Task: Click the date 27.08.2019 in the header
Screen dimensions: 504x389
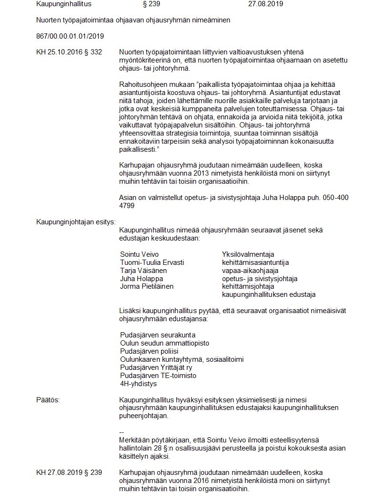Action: pyautogui.click(x=266, y=4)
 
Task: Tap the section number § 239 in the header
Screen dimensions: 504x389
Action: pyautogui.click(x=152, y=4)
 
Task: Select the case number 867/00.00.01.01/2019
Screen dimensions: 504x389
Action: pyautogui.click(x=70, y=36)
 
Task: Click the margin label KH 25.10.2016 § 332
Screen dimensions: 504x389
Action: pyautogui.click(x=69, y=52)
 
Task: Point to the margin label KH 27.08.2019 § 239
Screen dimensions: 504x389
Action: pyautogui.click(x=69, y=472)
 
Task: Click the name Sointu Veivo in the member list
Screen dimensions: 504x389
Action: pyautogui.click(x=139, y=254)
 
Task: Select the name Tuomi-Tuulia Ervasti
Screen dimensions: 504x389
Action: pyautogui.click(x=152, y=262)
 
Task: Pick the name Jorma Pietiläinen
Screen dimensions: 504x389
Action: pyautogui.click(x=147, y=286)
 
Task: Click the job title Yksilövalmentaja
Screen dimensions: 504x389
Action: pyautogui.click(x=248, y=254)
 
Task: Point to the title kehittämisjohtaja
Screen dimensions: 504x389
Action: pyautogui.click(x=248, y=286)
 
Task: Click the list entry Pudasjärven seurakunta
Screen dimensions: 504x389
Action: pyautogui.click(x=158, y=335)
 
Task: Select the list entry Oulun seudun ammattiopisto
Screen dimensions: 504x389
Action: pyautogui.click(x=164, y=343)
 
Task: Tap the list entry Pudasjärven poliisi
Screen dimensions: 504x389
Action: pyautogui.click(x=149, y=351)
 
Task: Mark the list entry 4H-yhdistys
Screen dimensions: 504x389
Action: pyautogui.click(x=138, y=383)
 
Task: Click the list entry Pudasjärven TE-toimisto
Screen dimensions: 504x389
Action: pyautogui.click(x=158, y=376)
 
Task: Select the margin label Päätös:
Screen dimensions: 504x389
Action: pyautogui.click(x=48, y=399)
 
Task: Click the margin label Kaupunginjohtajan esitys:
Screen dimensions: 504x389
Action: pyautogui.click(x=76, y=221)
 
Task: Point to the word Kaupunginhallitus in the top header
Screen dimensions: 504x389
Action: pyautogui.click(x=64, y=4)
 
